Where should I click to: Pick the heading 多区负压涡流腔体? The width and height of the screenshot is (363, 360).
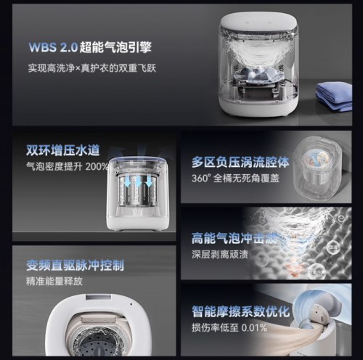tap(239, 162)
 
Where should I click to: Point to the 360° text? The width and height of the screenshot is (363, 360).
tap(200, 178)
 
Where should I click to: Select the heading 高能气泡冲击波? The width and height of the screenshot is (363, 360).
tap(234, 237)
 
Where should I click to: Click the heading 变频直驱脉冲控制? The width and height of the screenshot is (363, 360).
tap(75, 264)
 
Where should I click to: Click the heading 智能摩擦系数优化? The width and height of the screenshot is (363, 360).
tap(240, 312)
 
